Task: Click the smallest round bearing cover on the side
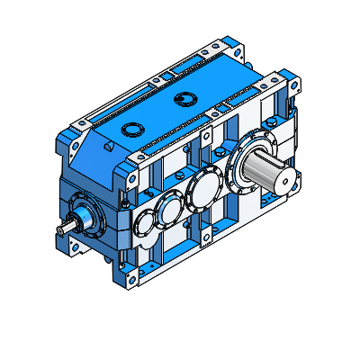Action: coord(144,226)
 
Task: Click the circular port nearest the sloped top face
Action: coord(134,128)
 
